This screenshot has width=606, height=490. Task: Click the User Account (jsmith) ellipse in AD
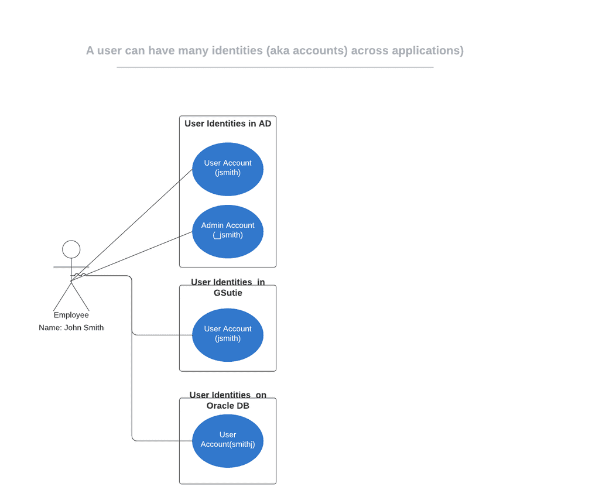coord(228,169)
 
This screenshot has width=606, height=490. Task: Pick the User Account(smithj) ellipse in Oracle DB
coord(228,440)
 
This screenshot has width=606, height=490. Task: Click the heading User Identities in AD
coord(228,124)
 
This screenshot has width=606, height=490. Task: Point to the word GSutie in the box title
coord(228,293)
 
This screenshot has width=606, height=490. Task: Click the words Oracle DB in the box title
coord(228,406)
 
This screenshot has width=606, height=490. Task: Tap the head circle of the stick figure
coord(71,249)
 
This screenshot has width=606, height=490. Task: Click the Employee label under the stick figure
coord(71,315)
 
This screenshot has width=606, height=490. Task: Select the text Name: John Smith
coord(71,328)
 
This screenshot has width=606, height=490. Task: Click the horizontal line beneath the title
coord(275,67)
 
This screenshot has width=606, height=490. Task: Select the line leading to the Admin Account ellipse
coord(141,252)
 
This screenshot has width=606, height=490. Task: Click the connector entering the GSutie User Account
coord(164,335)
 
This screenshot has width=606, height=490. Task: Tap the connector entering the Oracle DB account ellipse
coord(164,440)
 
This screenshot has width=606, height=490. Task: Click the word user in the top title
coord(109,51)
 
